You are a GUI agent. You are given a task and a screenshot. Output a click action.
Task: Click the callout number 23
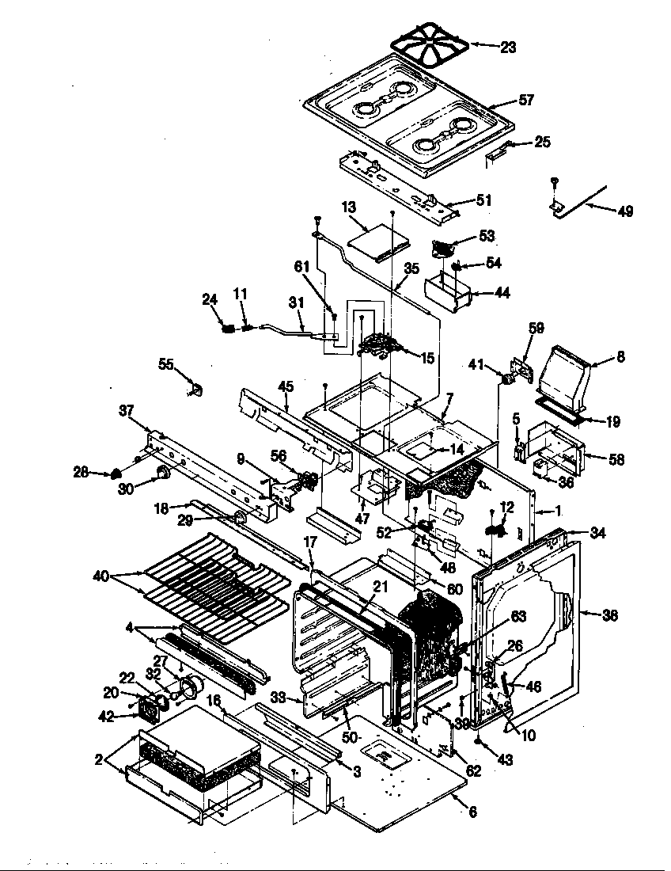(508, 48)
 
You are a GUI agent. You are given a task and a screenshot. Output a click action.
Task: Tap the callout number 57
(525, 101)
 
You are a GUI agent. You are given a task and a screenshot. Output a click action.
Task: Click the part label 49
(624, 211)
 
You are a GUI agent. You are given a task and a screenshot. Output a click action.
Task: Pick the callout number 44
(501, 293)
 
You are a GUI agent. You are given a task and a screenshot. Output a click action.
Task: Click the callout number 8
(620, 357)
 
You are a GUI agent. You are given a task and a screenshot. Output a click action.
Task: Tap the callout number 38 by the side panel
(611, 614)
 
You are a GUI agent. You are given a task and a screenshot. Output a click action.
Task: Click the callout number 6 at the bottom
(472, 812)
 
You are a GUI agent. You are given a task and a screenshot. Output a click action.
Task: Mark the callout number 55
(165, 363)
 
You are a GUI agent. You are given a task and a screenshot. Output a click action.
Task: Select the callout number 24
(209, 299)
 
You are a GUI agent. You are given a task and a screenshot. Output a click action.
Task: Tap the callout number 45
(286, 386)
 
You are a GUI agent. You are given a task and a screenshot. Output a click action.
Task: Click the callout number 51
(483, 200)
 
